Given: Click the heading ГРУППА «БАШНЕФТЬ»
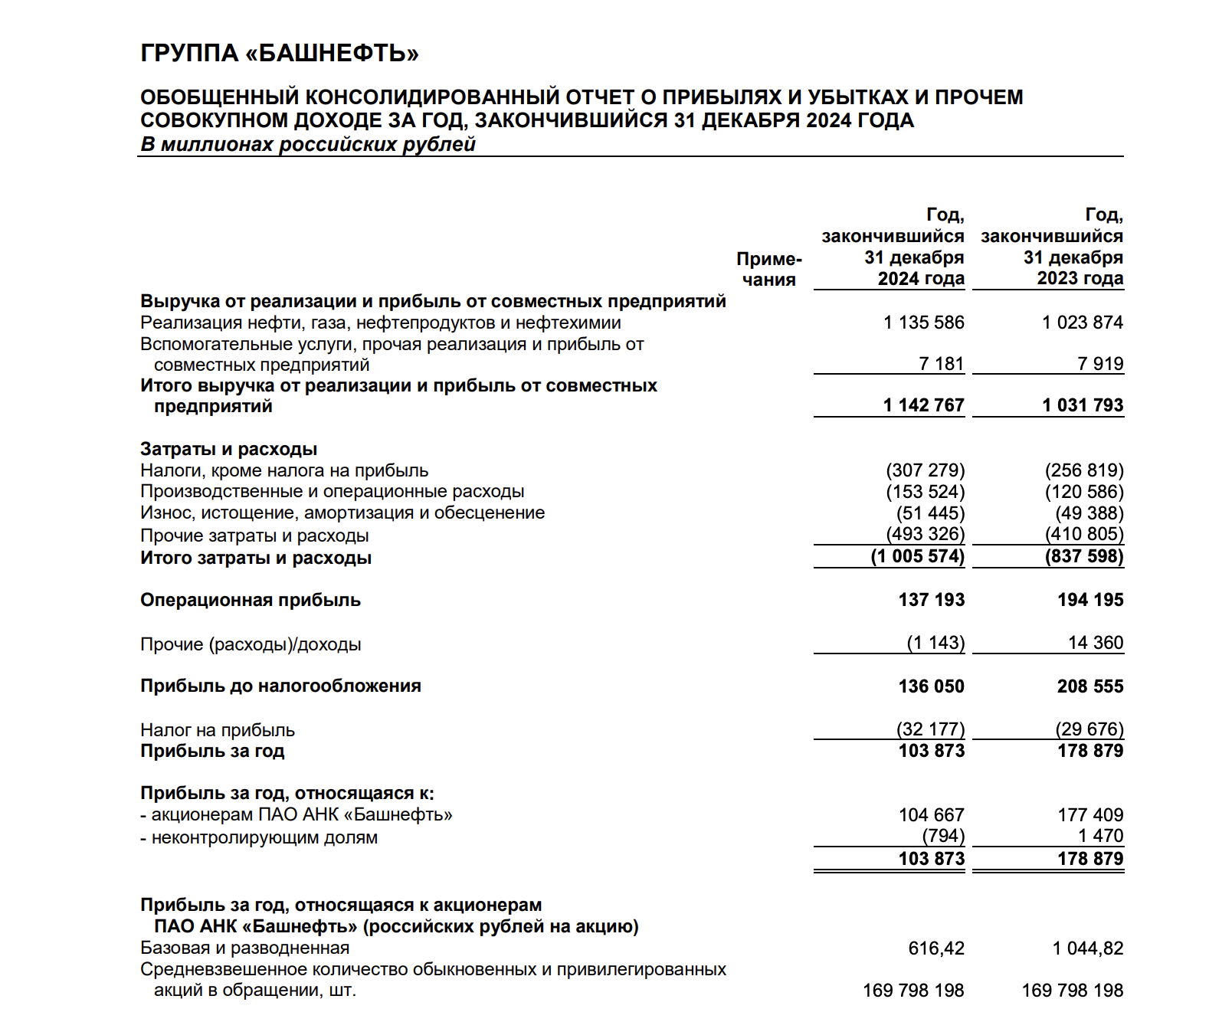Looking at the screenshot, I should (280, 54).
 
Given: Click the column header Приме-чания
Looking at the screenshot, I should (768, 269).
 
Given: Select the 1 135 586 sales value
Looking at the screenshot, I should (923, 323).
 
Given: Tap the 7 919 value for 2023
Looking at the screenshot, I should (1100, 364).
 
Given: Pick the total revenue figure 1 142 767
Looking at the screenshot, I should (923, 405).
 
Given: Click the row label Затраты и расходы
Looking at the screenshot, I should (228, 449).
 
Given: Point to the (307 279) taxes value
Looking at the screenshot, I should (926, 470).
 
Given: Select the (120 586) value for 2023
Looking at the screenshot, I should (1084, 492).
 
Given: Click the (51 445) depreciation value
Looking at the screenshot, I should (931, 513).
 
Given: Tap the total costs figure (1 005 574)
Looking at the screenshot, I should (918, 556).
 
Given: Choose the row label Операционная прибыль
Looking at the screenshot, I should (251, 600).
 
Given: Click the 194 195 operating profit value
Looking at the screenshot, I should (1090, 600).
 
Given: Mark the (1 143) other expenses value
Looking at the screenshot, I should (935, 643).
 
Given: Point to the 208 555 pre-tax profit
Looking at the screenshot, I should (1090, 686).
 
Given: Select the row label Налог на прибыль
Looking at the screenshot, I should (218, 730).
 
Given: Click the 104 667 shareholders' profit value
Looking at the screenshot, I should (932, 815).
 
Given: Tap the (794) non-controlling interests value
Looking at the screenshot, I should (943, 836).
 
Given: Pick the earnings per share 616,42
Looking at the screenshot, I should (936, 948).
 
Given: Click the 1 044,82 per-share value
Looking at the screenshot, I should (1088, 948).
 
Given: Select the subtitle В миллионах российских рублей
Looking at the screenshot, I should (308, 144).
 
